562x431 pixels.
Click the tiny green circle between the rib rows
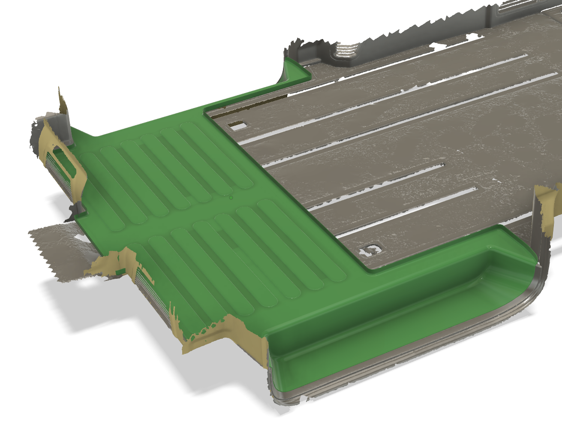(x=231, y=198)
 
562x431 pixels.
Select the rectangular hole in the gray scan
(x=237, y=126)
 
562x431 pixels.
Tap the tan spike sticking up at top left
(x=62, y=103)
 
